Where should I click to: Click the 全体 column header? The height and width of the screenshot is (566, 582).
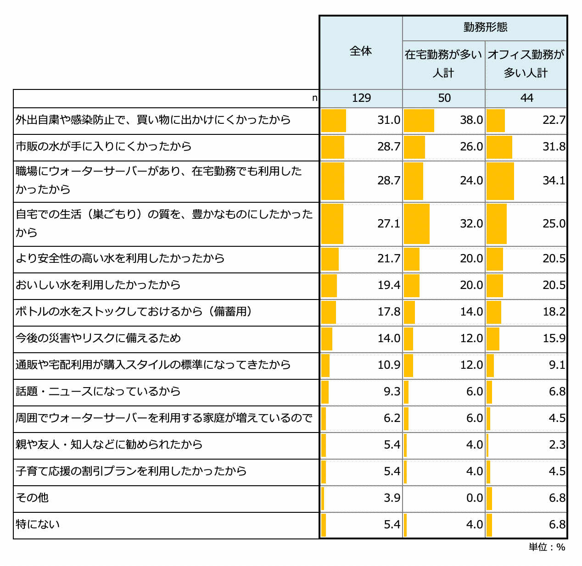361,51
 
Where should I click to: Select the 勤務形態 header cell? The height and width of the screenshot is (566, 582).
485,27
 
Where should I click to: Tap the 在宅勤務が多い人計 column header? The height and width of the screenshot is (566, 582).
443,64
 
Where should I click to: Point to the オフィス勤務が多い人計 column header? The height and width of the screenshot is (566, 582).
526,64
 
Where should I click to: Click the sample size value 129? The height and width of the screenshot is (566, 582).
361,98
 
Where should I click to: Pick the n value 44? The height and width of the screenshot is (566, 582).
526,98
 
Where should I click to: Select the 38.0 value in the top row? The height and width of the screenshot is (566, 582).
471,120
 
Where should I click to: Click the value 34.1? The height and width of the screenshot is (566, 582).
554,181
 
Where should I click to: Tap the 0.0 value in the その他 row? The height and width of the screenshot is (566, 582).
474,498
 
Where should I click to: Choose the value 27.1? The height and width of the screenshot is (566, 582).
389,223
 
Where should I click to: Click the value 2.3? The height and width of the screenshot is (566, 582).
557,444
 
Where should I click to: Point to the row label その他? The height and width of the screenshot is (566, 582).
32,498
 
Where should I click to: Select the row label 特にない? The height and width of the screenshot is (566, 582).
38,524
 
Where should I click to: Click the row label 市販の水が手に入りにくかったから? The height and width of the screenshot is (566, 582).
103,146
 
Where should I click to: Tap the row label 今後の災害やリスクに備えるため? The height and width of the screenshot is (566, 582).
98,338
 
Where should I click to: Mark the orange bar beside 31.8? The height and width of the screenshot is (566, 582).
499,147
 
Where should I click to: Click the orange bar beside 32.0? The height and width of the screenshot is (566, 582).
417,224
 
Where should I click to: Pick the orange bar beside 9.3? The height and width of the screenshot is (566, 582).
325,392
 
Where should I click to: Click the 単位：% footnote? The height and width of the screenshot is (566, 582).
547,547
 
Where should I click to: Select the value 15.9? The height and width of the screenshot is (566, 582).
554,338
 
